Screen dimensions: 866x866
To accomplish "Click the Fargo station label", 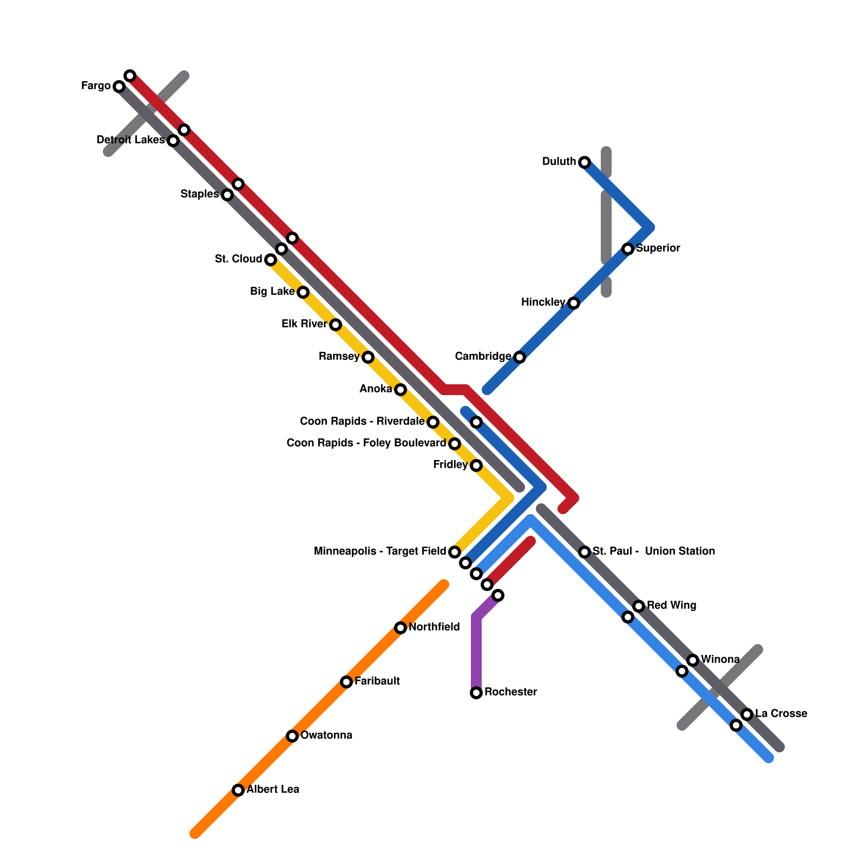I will point(96,86).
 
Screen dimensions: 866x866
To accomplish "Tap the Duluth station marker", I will point(584,162).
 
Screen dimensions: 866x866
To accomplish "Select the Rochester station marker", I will point(476,693).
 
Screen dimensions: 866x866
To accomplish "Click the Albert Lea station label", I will point(273,790).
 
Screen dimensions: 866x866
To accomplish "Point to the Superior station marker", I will point(627,249).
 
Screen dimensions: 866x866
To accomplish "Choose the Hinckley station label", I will point(543,303).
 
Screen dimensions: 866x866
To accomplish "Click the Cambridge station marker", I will point(519,357).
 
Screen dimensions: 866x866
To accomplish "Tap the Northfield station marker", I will point(400,628).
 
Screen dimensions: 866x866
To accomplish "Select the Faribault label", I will point(377,681).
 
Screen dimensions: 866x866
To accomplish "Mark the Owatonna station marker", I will point(292,736).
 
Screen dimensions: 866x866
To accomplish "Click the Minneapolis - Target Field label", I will point(380,552).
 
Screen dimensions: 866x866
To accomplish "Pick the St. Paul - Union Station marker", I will point(584,552).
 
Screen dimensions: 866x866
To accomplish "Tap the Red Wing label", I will point(671,606).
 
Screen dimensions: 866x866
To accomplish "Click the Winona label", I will point(720,660).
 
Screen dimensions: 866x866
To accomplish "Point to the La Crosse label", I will point(781,714).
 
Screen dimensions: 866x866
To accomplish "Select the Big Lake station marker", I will point(303,292).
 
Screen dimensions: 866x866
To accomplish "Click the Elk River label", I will point(304,324).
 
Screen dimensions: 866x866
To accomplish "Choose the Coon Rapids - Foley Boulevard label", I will point(366,443).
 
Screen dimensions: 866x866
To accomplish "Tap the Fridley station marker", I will point(476,465).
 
